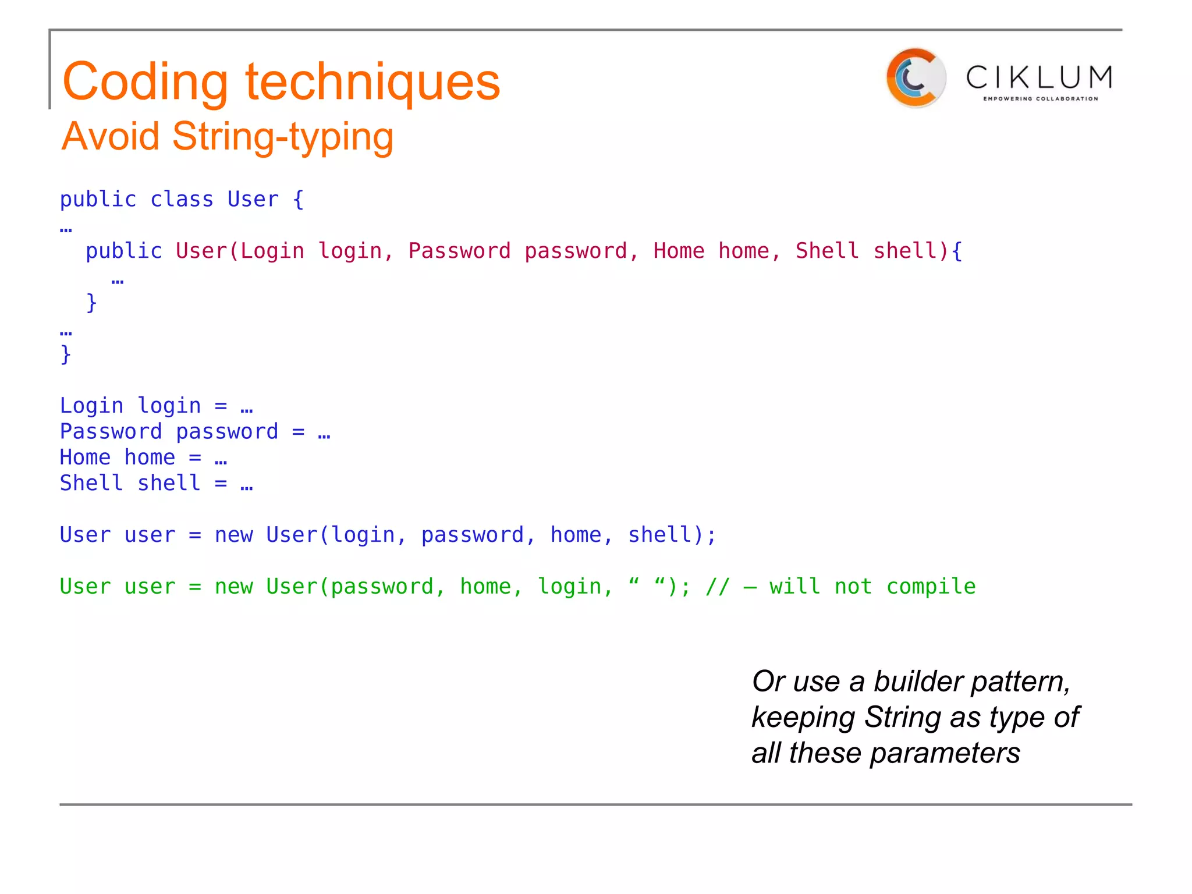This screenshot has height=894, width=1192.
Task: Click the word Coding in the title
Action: tap(145, 82)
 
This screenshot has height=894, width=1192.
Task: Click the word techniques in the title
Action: tap(372, 82)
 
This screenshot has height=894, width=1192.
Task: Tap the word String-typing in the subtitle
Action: tap(283, 137)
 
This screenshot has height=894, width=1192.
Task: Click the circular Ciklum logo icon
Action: tap(915, 78)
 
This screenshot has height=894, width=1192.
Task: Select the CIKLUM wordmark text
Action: tap(1040, 77)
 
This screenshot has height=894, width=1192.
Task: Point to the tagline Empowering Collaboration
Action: tap(1040, 99)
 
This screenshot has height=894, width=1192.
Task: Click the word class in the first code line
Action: tap(182, 200)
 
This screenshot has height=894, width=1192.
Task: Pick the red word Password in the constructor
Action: tap(459, 251)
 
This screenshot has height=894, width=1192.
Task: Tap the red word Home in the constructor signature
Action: tap(679, 251)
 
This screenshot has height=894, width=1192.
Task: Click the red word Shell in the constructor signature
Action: tap(827, 251)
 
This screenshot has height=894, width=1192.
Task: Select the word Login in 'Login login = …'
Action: tap(91, 406)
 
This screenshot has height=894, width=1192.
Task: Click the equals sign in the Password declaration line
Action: tap(298, 432)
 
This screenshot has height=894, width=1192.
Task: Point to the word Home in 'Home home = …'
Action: tap(85, 457)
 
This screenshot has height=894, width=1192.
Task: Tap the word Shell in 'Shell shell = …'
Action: tap(91, 483)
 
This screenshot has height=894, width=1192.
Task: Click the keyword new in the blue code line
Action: tap(234, 535)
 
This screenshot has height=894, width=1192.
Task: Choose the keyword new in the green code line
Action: tap(234, 587)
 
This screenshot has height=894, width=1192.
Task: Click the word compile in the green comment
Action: tap(931, 587)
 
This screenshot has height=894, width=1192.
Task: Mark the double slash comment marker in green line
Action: tap(717, 587)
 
